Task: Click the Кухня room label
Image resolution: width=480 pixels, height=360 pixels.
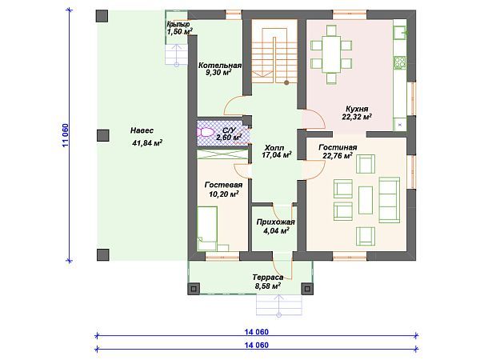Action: point(357,109)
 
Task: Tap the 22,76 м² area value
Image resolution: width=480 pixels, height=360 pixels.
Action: point(338,156)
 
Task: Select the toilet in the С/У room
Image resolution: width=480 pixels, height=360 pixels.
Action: point(206,133)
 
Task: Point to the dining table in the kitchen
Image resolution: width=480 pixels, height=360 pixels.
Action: point(331,54)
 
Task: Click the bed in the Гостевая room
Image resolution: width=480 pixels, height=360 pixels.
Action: point(207,228)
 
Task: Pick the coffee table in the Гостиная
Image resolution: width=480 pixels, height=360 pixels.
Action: point(366,200)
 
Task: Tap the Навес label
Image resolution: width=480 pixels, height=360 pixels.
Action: point(142,130)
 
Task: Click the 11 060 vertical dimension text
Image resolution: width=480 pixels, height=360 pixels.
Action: point(66,136)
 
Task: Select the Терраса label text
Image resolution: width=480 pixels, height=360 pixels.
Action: point(268,278)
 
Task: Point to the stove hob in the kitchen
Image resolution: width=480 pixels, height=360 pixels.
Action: point(400,62)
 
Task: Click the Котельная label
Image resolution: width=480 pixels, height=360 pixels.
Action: point(220,66)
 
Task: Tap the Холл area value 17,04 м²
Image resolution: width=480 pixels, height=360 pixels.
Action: point(277,155)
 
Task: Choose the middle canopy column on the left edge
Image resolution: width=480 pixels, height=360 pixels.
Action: point(103,135)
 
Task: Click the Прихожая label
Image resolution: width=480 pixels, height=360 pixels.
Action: point(275,222)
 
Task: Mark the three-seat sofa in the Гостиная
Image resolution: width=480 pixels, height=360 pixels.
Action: point(390,200)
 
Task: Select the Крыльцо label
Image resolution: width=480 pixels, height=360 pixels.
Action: point(178,24)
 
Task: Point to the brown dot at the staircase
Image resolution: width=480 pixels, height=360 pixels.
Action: point(286,82)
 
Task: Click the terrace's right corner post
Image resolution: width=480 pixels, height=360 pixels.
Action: point(307,289)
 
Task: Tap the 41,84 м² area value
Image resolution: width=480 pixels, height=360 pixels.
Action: point(147,143)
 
